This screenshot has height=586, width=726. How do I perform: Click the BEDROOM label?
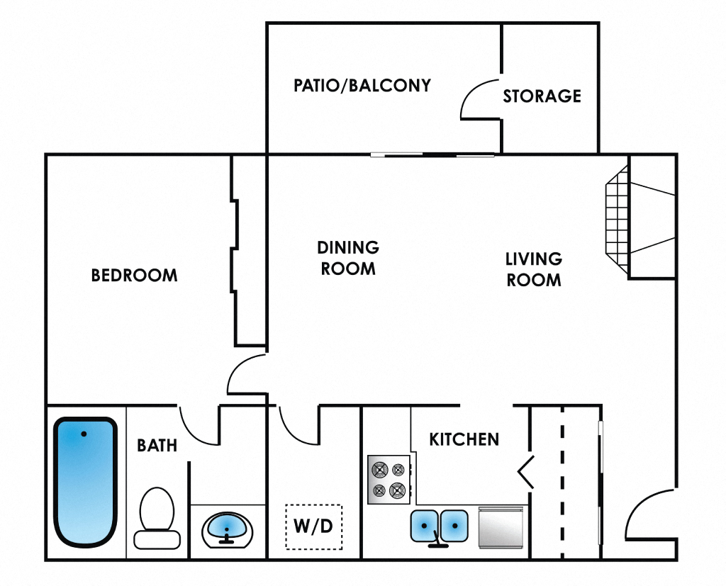[134, 275]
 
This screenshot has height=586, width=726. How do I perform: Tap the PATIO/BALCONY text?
[362, 86]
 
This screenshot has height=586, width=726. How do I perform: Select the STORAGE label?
[542, 96]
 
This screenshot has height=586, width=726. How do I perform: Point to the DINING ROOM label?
[347, 258]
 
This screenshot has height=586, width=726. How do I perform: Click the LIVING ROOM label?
[533, 269]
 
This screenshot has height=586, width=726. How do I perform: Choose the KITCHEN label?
[464, 439]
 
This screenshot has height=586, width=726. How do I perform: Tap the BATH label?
[157, 446]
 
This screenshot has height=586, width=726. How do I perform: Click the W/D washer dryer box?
[313, 526]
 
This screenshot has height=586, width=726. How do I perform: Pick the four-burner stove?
[389, 479]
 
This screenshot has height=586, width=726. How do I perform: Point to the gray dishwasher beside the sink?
[501, 527]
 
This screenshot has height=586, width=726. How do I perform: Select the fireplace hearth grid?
[617, 220]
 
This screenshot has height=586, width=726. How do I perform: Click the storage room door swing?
[480, 99]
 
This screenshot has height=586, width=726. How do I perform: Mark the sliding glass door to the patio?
[432, 154]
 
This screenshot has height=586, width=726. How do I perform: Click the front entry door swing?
[649, 514]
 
